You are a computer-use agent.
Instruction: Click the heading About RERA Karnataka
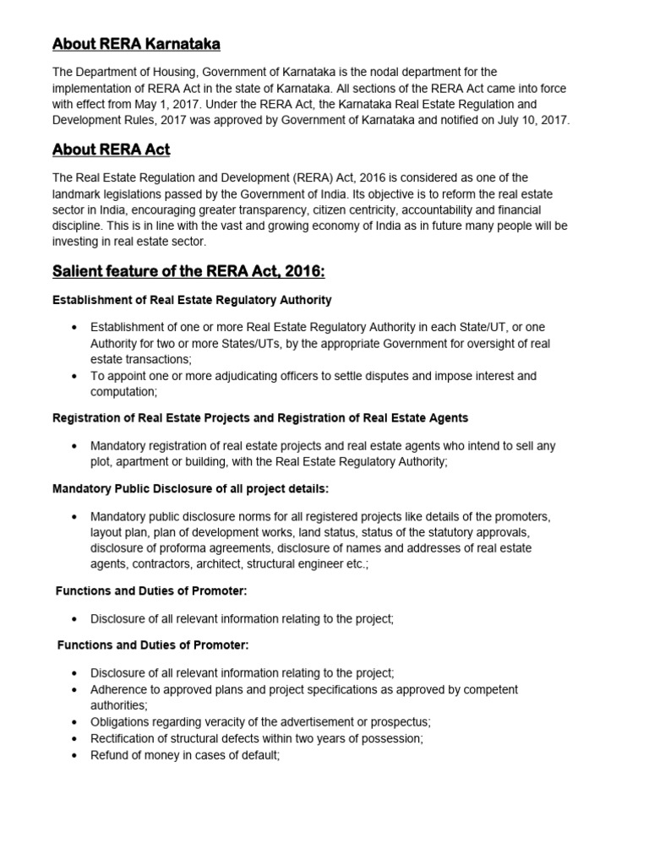point(136,43)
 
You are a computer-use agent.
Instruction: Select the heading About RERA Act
point(111,150)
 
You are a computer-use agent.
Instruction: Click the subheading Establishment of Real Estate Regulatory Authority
point(192,300)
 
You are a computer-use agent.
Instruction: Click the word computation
point(123,392)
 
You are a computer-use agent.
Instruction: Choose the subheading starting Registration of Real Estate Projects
point(260,418)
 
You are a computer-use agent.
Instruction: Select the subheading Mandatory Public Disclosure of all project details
point(190,489)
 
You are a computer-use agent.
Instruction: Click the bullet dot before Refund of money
point(76,754)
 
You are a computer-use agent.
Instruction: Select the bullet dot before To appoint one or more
point(76,376)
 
